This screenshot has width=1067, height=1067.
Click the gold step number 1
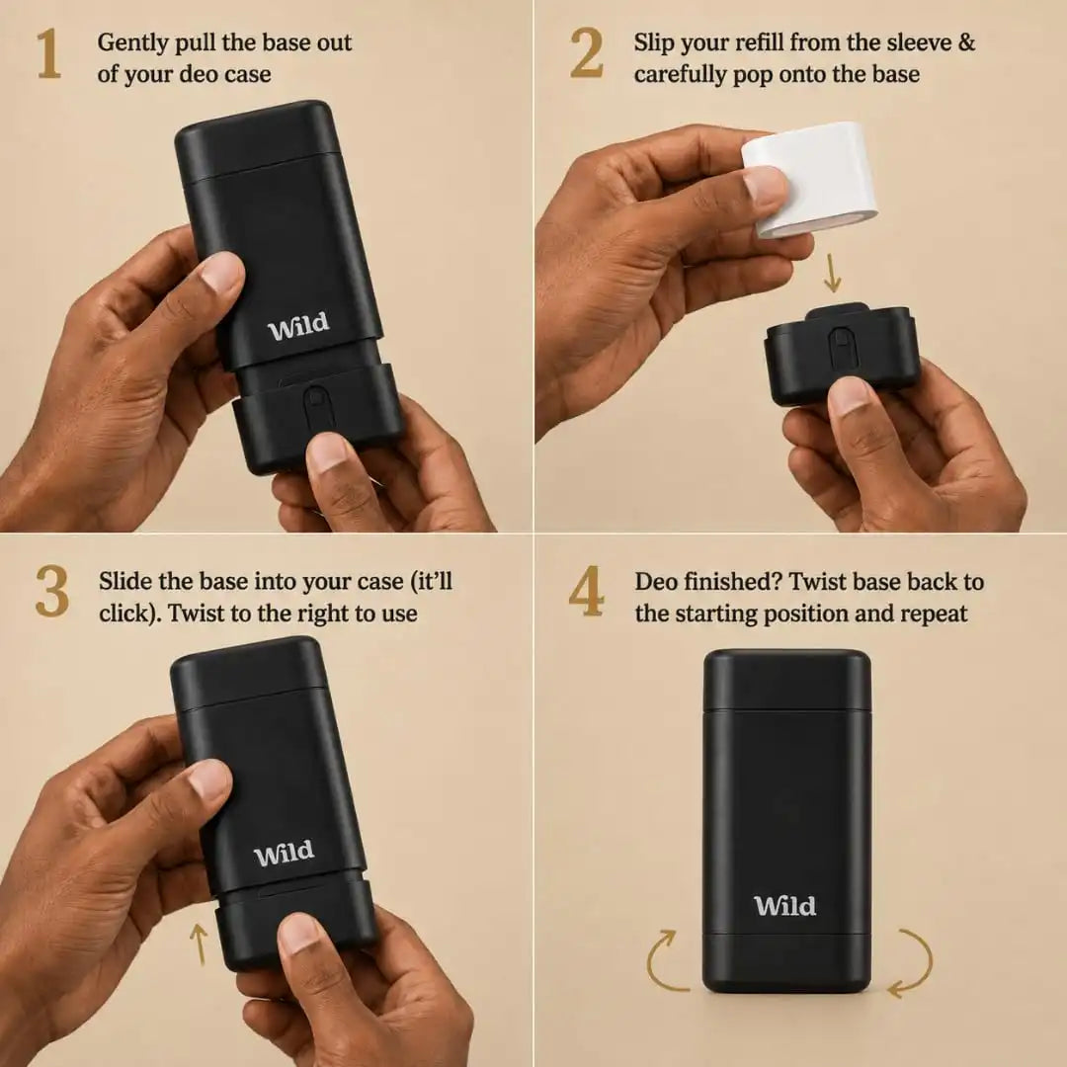[x=49, y=53]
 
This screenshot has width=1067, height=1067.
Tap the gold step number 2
[x=586, y=53]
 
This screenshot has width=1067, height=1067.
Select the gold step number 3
[x=51, y=592]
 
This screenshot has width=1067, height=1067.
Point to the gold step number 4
[x=586, y=592]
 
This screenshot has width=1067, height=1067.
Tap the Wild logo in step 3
[x=284, y=853]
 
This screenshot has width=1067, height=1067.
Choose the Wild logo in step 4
[x=784, y=906]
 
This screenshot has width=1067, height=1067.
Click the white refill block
[x=808, y=178]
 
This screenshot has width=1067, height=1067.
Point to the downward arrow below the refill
[x=832, y=273]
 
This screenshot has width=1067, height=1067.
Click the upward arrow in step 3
[x=199, y=944]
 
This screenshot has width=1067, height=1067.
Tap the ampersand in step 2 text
[x=965, y=42]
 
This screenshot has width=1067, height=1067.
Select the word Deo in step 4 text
[x=656, y=582]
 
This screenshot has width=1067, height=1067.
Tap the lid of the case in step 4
[x=786, y=680]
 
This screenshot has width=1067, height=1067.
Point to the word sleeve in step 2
[x=915, y=42]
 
